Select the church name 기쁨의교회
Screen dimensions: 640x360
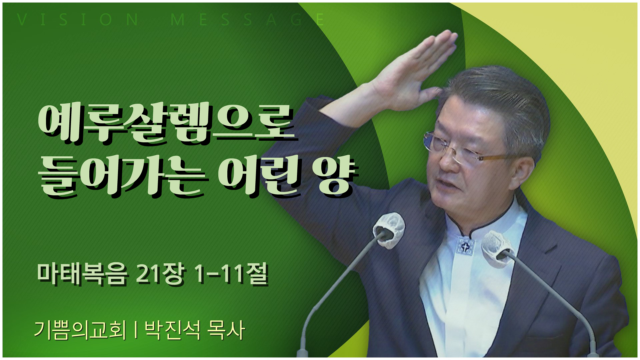[x=80, y=330]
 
